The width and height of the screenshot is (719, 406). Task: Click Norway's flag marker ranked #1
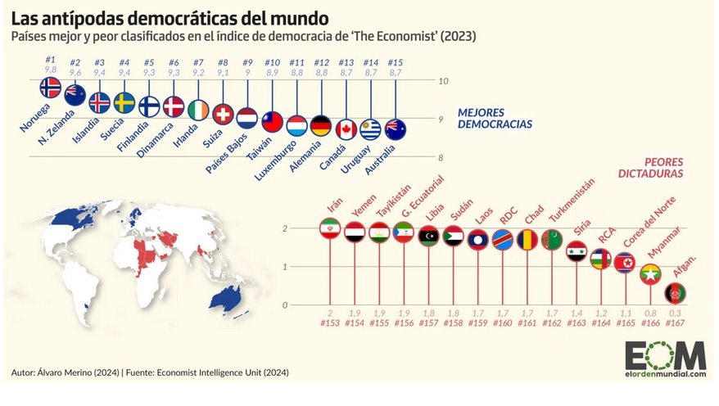click(x=51, y=88)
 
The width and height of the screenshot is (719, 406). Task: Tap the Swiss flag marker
click(x=223, y=114)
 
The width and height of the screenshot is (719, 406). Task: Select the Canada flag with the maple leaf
click(x=346, y=129)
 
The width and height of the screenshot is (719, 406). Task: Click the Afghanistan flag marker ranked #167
click(x=675, y=292)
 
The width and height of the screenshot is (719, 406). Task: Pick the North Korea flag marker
click(x=625, y=262)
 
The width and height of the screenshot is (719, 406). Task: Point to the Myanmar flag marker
click(x=651, y=273)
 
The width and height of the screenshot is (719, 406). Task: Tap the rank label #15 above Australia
click(x=396, y=63)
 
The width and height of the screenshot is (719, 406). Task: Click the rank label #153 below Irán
click(x=329, y=324)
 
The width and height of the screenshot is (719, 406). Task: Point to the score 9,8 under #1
click(x=50, y=70)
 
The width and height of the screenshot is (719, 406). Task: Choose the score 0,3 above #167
click(x=675, y=314)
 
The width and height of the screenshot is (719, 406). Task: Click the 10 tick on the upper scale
click(x=443, y=81)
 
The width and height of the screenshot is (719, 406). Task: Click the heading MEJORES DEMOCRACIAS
click(x=495, y=118)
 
